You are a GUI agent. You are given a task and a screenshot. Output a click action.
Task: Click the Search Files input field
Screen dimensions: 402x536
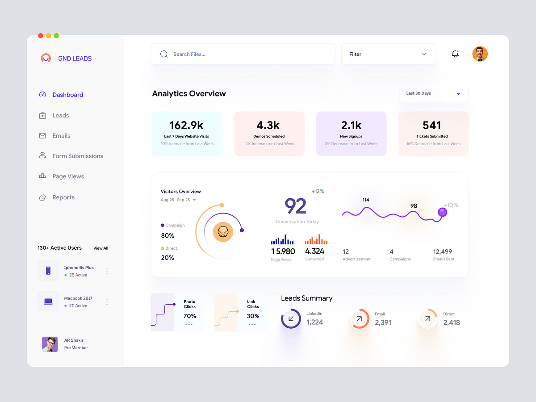coord(243,54)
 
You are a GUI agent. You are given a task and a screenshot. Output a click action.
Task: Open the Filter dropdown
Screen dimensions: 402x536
coord(388,54)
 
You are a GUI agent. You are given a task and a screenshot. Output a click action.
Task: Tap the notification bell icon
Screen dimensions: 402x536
coord(455,54)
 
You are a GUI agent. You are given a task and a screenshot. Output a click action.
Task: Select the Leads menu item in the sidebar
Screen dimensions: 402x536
coord(60,115)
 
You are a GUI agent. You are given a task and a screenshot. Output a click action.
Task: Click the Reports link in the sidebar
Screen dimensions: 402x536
coord(63,197)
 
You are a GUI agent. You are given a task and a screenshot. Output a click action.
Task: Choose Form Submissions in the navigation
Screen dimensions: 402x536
coord(77,156)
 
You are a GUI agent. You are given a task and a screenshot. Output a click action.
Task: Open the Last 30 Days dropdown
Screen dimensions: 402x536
coord(433,94)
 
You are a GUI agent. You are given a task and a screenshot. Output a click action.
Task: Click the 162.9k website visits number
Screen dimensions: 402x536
coord(187,125)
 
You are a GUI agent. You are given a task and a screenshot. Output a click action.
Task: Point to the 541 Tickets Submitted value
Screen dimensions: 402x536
coord(432,126)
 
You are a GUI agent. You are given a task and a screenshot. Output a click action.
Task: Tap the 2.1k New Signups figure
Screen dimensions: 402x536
coord(351,125)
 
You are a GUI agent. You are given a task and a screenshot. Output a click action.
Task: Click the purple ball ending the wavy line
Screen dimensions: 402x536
coord(442,212)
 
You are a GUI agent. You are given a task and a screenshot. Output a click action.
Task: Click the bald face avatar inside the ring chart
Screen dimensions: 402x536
coord(223,232)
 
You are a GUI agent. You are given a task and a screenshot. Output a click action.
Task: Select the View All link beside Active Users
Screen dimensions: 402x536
coord(100,248)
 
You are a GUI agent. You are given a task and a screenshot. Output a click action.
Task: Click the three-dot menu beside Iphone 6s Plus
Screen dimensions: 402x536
coord(107,271)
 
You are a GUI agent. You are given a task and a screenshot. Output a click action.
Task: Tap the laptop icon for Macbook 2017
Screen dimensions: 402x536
coord(48,301)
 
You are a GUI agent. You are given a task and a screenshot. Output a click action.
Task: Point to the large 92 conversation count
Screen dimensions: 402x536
coord(296,206)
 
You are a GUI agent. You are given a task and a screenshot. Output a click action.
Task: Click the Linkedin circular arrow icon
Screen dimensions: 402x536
coord(291,318)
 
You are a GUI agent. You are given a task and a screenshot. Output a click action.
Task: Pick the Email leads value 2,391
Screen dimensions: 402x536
coord(383,322)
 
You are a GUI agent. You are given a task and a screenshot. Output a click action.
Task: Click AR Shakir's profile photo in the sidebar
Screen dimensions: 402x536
coord(50,344)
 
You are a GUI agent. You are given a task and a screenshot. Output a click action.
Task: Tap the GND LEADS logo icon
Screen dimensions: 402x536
coord(46,58)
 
